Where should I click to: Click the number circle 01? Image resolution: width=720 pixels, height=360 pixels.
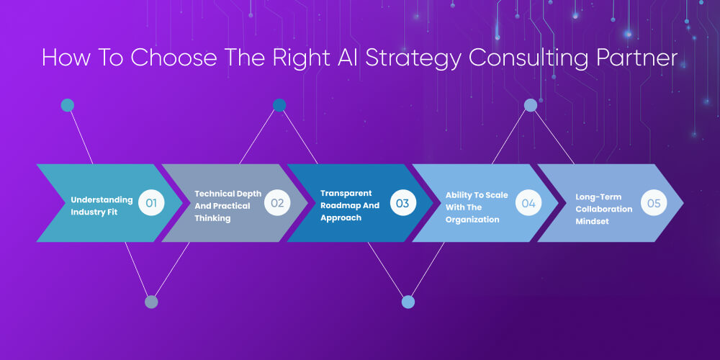tap(151, 203)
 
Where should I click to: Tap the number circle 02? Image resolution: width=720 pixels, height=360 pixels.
tap(277, 203)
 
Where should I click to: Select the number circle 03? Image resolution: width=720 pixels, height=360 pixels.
tap(402, 203)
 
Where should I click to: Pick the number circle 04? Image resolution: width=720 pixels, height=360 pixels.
tap(528, 203)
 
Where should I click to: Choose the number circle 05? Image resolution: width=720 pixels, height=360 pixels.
tap(654, 203)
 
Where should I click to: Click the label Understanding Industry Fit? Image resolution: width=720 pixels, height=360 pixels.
tap(102, 205)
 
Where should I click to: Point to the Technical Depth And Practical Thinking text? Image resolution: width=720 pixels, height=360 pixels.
tap(228, 206)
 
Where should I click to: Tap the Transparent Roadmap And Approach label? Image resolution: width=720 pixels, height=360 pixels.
tap(350, 206)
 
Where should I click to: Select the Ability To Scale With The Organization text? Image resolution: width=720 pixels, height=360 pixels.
tap(477, 207)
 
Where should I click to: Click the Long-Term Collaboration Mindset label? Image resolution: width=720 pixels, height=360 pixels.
tap(603, 209)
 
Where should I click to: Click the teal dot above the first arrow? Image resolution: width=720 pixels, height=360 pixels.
tap(67, 106)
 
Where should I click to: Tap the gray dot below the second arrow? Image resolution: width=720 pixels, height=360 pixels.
tap(151, 302)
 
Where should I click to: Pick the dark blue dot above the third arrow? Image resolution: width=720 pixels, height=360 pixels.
tap(279, 106)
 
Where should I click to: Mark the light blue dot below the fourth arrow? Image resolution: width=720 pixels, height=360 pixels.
tap(408, 302)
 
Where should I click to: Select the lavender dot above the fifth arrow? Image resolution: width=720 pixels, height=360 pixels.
tap(530, 106)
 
